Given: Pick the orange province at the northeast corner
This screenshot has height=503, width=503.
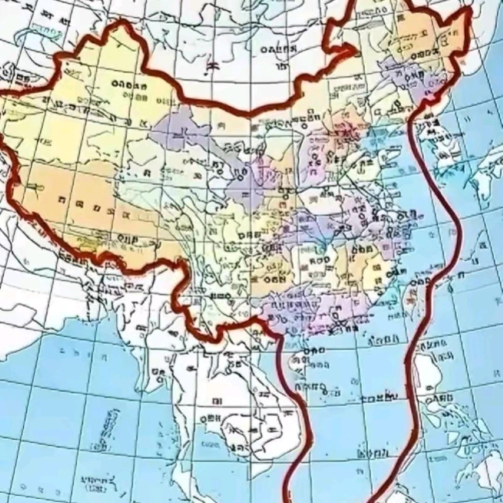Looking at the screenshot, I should [x=419, y=37].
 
